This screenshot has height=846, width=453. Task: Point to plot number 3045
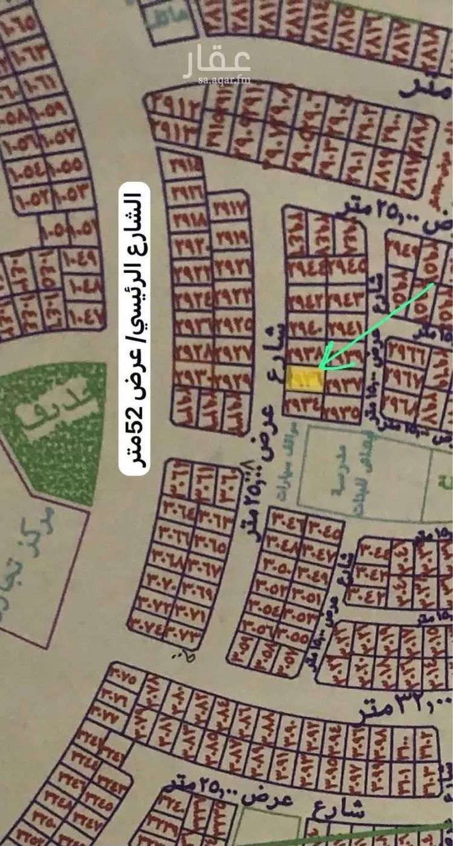click(324, 519)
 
